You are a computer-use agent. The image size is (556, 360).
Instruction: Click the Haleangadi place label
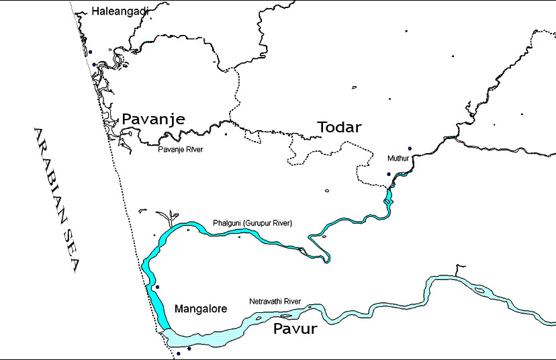click(x=120, y=11)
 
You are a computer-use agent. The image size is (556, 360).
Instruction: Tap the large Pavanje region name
click(x=153, y=119)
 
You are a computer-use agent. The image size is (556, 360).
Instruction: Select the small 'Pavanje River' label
click(x=180, y=149)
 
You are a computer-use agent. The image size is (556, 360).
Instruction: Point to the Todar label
click(x=339, y=127)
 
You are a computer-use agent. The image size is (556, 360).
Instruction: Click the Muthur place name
click(x=398, y=159)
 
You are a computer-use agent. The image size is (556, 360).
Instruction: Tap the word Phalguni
click(x=226, y=223)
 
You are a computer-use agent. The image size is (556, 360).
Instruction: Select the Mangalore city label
click(x=201, y=309)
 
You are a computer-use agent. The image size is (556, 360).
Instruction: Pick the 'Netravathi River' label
click(x=275, y=302)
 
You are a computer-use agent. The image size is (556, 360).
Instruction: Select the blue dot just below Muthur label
click(x=388, y=174)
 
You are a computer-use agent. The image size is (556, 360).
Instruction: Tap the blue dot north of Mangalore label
click(x=157, y=287)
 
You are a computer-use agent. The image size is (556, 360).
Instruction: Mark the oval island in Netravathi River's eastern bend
click(x=479, y=290)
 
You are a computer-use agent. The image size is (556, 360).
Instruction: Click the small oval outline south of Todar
click(x=327, y=191)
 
